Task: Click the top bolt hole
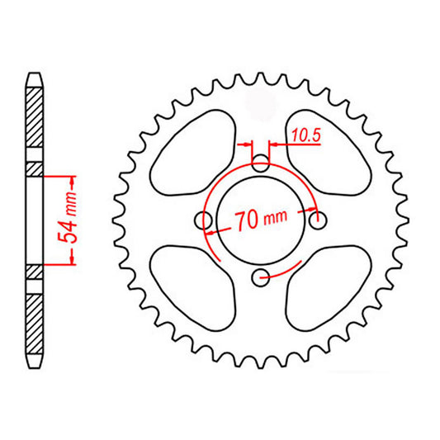pyautogui.click(x=261, y=163)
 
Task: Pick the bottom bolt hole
pyautogui.click(x=261, y=276)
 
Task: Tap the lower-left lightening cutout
pyautogui.click(x=186, y=281)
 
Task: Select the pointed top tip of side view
pyautogui.click(x=34, y=73)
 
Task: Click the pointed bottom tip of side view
pyautogui.click(x=34, y=369)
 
